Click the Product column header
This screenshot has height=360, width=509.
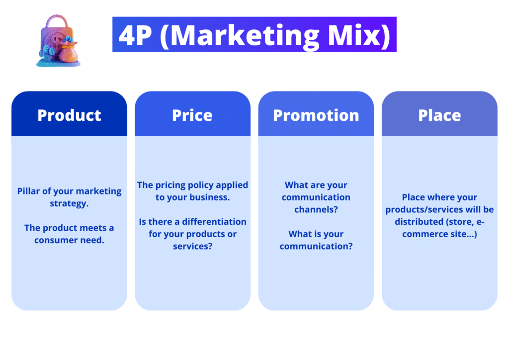pos(69,115)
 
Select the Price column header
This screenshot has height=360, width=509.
pos(192,115)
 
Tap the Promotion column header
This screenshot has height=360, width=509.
pos(316,115)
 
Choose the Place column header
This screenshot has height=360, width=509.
pos(439,115)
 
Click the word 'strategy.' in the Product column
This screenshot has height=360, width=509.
pos(69,203)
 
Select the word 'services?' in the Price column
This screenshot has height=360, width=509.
pos(193,246)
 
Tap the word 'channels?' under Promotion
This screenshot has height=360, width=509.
pos(316,209)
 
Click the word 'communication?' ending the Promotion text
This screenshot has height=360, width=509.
pos(316,246)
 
